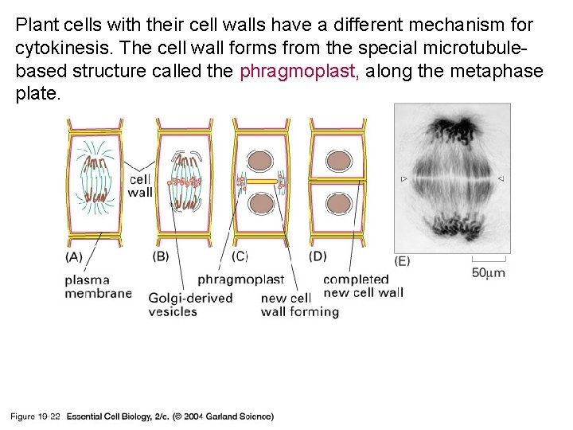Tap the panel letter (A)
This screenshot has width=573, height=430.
coord(74,256)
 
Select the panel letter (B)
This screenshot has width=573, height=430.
coord(161,256)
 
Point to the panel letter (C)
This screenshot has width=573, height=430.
coord(240,256)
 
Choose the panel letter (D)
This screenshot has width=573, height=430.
coord(318,256)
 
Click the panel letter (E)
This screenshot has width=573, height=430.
coord(403,261)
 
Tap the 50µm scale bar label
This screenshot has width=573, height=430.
coord(489,273)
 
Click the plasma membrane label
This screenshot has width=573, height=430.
coord(99,287)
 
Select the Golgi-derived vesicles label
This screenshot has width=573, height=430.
coord(190,304)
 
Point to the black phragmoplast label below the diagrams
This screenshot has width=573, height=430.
coord(240,279)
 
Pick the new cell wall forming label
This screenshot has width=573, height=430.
coord(299,304)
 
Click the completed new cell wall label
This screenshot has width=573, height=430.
coord(363,286)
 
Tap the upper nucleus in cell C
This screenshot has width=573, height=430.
coord(259,160)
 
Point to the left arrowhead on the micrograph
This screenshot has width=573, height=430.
coord(404,179)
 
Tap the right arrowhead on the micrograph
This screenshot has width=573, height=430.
coord(500,179)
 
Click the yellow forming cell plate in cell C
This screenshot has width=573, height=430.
coord(260,182)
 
